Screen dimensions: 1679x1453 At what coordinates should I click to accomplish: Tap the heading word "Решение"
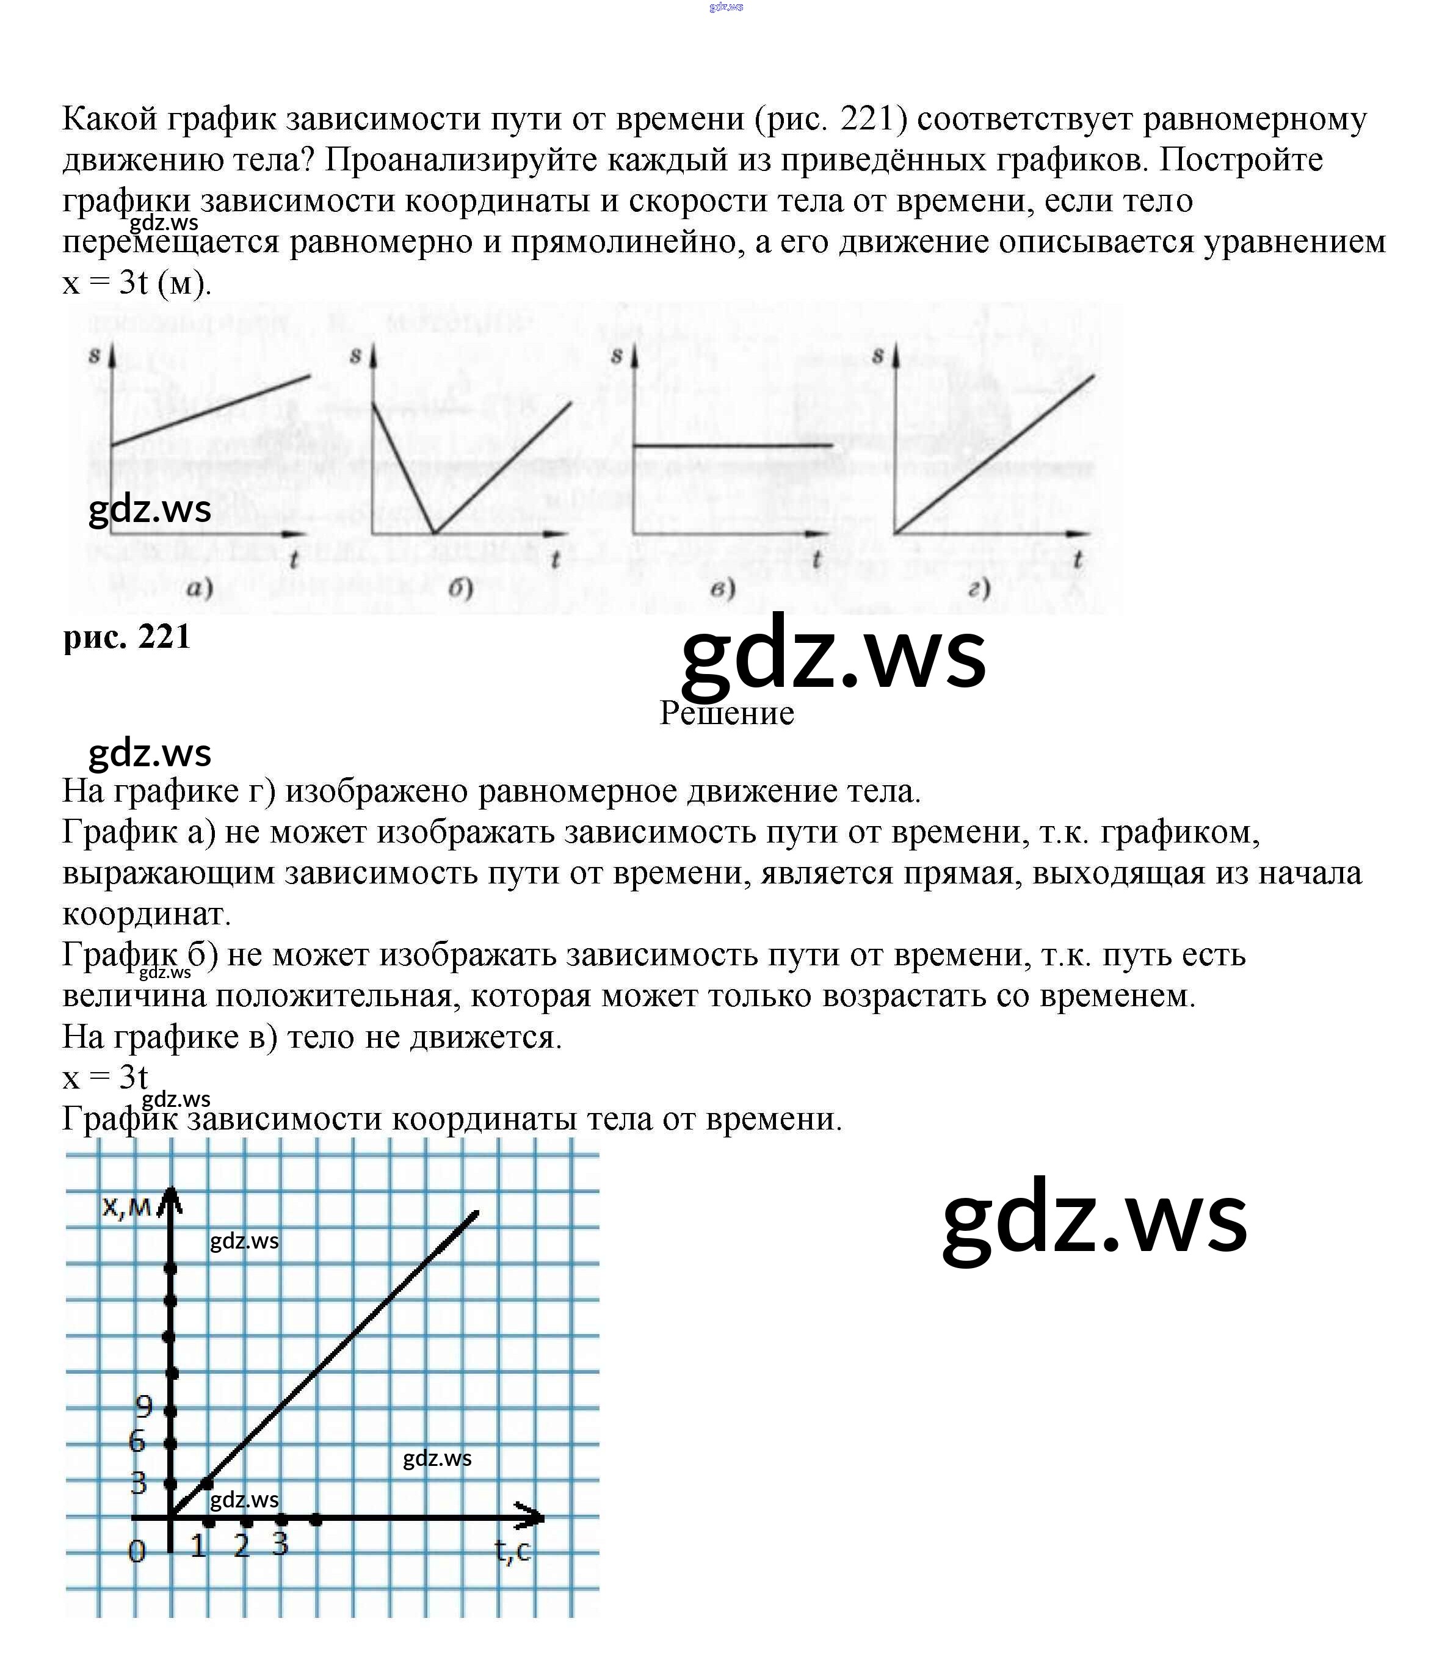727,714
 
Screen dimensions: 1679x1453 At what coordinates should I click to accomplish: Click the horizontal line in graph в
732,445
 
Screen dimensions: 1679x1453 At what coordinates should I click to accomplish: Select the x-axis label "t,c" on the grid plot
512,1550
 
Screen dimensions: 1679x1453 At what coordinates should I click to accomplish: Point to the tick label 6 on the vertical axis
137,1441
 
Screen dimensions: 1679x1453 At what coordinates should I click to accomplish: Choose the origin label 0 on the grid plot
137,1551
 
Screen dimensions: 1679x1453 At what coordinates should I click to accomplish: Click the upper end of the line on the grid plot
477,1213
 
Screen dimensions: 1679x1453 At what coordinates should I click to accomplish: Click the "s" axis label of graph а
95,354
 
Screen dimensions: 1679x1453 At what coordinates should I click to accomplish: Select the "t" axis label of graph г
1078,559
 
